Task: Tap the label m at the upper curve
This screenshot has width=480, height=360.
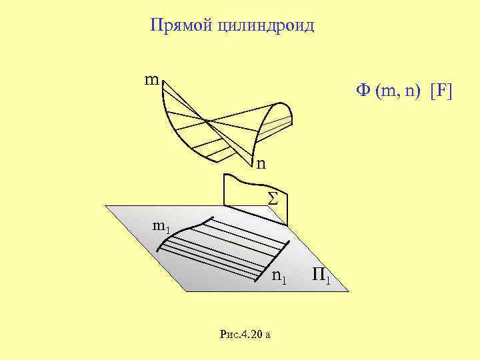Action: [151, 81]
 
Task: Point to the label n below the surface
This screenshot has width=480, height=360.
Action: [261, 163]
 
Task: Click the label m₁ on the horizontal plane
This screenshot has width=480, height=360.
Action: [161, 227]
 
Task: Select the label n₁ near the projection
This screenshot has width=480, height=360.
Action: [279, 277]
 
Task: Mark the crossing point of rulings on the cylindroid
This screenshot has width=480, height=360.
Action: [208, 121]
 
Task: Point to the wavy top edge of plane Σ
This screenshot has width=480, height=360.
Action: [247, 179]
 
